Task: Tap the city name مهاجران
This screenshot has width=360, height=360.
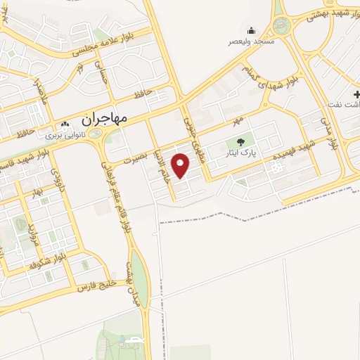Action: [104, 119]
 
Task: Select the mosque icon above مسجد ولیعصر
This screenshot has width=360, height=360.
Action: [251, 30]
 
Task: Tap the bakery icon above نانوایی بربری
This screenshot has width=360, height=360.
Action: [65, 124]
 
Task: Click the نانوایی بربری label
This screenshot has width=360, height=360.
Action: [65, 134]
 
